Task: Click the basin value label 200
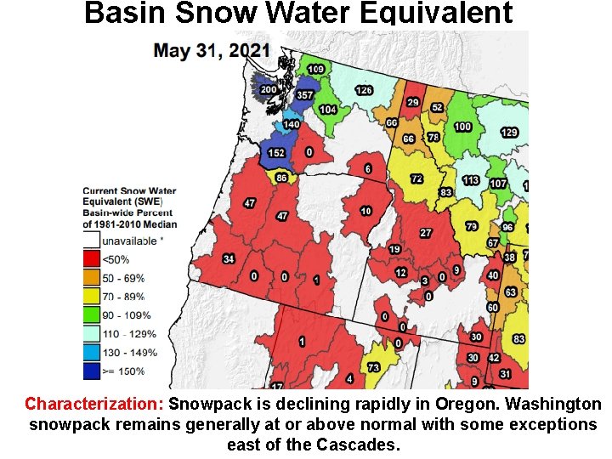point(268,89)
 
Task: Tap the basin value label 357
point(304,95)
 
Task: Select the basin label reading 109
point(315,69)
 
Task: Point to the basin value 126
point(364,90)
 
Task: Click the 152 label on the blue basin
point(276,152)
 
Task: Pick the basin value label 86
point(281,178)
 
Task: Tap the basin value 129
point(509,133)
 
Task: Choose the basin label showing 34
point(229,258)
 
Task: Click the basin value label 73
point(373,367)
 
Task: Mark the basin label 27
point(426,233)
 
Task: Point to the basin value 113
point(471,180)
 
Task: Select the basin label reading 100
point(462,127)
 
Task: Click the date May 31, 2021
point(212,49)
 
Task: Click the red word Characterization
point(94,404)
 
